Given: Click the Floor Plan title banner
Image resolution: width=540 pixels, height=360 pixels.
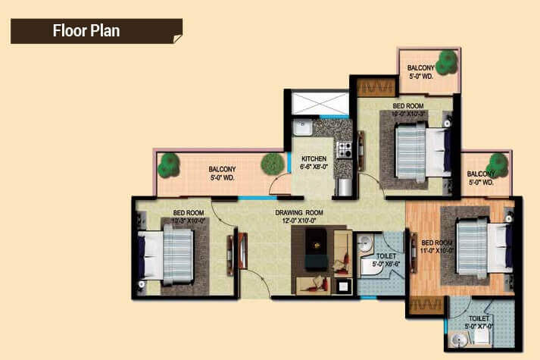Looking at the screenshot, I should (95, 31).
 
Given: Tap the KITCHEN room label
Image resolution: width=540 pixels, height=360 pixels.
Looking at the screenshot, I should (313, 159).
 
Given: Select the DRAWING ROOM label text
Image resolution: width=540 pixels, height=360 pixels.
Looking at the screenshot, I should (299, 213).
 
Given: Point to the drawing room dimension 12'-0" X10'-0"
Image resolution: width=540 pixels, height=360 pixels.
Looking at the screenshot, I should (299, 221).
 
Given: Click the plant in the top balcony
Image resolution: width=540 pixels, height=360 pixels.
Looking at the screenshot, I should (447, 61).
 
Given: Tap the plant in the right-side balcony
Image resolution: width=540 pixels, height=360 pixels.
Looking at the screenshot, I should (497, 164).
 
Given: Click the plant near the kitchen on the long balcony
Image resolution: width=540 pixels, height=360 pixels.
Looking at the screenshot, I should (271, 163).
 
